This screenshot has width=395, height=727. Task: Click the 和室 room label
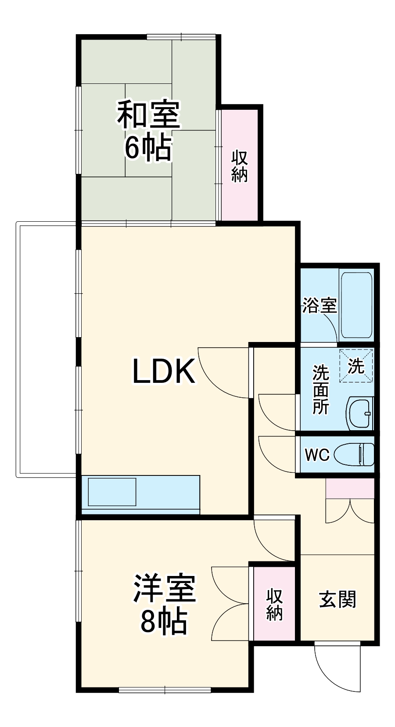point(148,115)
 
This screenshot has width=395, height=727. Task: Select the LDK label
point(164,371)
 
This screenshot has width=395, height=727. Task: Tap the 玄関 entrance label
point(337,600)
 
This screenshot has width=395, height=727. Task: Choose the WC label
point(317,455)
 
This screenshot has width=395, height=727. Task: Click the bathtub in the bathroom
point(357,305)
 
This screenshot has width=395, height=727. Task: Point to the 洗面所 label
point(321,390)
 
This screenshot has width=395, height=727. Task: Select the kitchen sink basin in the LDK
point(112,492)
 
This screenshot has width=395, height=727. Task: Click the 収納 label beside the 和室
point(240,166)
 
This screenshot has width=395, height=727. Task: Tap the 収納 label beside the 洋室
point(275,605)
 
